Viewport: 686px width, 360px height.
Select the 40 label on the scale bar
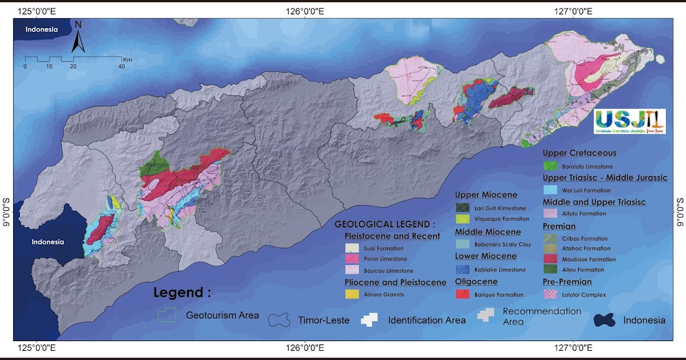tap(121, 67)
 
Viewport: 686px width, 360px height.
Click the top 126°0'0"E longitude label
tap(305, 10)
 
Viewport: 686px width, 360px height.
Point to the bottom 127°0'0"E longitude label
tap(572, 348)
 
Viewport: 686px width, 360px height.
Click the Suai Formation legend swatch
tap(352, 249)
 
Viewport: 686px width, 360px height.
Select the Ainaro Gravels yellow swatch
tap(352, 294)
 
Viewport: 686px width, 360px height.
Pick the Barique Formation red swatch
tap(463, 294)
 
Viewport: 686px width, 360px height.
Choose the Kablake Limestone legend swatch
tap(463, 269)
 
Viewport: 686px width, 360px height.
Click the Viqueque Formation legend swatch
tap(463, 219)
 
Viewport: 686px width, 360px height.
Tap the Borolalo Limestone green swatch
tap(551, 166)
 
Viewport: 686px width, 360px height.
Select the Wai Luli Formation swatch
tap(551, 190)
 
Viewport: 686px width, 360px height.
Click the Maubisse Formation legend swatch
tap(551, 259)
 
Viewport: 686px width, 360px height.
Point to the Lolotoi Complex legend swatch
tap(551, 294)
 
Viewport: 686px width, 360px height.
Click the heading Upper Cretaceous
tap(579, 153)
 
